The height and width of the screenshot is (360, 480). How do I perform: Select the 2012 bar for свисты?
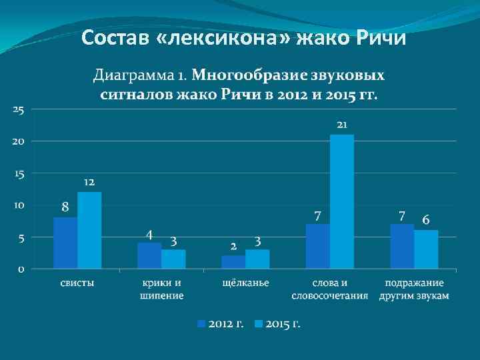click(x=65, y=243)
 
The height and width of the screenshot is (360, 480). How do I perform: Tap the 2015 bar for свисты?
click(x=89, y=230)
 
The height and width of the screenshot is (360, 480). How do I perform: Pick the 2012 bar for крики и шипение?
click(x=149, y=255)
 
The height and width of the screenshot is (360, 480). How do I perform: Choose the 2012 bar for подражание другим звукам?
click(x=402, y=246)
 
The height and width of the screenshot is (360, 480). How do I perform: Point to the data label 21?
click(x=343, y=125)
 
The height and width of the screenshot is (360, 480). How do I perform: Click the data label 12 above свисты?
click(x=89, y=182)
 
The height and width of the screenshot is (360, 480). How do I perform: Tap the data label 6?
click(x=426, y=220)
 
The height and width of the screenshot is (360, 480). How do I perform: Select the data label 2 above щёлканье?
click(x=233, y=245)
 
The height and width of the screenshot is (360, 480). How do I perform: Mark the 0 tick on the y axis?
click(x=21, y=269)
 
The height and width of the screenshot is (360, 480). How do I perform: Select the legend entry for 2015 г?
click(x=278, y=324)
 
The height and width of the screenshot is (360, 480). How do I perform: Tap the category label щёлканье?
click(x=245, y=283)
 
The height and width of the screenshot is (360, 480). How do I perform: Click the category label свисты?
click(x=77, y=283)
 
